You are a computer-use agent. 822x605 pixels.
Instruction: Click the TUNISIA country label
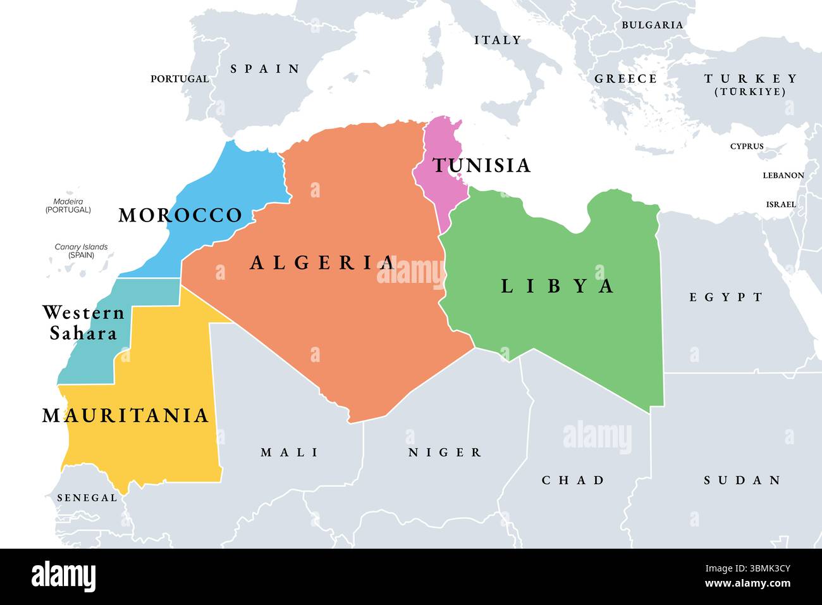coord(481,165)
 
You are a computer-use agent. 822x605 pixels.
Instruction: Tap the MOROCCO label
coord(180,215)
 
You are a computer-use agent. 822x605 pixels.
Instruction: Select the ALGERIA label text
coord(322,263)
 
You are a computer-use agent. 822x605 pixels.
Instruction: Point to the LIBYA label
coord(557,286)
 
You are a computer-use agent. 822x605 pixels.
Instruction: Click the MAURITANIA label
coord(125,416)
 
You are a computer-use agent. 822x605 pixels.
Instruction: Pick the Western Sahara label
coord(83,323)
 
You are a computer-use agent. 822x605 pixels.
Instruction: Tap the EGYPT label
coord(726,297)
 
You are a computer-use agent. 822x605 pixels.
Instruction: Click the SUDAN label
coord(742,480)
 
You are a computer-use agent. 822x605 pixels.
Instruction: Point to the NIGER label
coord(445,452)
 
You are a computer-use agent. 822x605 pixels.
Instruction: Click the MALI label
coord(290,452)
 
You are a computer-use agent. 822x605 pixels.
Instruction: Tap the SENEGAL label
coord(87,498)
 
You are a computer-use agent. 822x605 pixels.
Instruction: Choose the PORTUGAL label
coord(180,79)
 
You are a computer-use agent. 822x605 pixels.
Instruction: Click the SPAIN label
coord(265,69)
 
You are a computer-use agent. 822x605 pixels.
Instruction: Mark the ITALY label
coord(498,40)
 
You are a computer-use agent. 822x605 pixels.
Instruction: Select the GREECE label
coord(625,79)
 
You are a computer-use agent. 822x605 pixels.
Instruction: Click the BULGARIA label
coord(652,25)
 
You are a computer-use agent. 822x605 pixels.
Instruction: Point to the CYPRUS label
coord(747,146)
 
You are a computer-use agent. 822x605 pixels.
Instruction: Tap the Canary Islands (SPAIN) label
coord(81,251)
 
